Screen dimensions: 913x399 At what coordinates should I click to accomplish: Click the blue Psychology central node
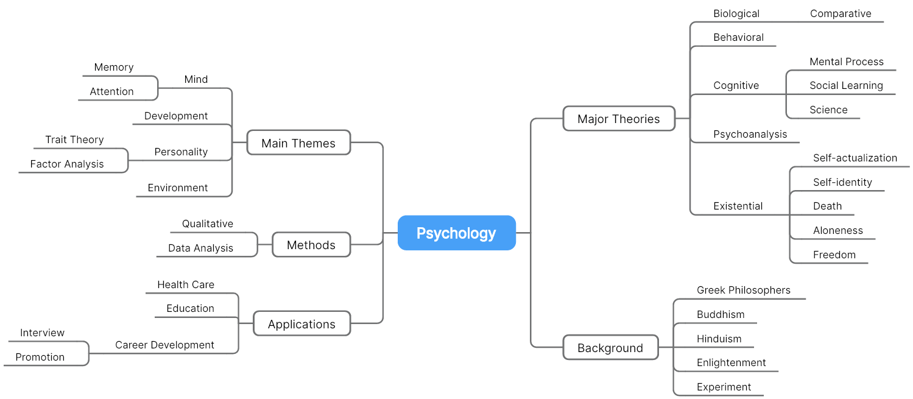(x=457, y=233)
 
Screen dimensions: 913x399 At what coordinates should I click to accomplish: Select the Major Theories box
(x=619, y=119)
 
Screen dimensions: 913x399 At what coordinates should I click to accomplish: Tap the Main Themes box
(x=298, y=143)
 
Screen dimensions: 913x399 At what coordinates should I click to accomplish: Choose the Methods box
(x=311, y=244)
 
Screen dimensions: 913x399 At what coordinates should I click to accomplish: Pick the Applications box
(x=301, y=323)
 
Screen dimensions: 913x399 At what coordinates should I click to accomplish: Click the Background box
(x=610, y=348)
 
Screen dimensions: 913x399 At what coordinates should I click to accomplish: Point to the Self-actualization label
(x=855, y=158)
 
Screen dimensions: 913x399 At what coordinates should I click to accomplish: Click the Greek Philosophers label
(x=744, y=290)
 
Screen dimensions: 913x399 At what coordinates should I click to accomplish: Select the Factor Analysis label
(x=67, y=164)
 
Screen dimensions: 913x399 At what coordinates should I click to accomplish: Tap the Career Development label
(x=164, y=345)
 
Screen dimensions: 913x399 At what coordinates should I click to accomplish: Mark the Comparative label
(x=841, y=14)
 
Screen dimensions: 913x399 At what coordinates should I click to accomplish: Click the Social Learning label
(x=846, y=86)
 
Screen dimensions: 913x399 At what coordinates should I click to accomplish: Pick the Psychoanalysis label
(x=750, y=134)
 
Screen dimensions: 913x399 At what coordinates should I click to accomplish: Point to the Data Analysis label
(x=200, y=248)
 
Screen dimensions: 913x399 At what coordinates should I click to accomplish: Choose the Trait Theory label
(x=74, y=139)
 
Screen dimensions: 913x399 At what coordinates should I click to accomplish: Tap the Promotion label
(x=40, y=357)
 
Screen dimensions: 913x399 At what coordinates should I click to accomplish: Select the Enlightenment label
(x=731, y=362)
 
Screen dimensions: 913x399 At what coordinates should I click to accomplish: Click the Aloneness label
(x=838, y=231)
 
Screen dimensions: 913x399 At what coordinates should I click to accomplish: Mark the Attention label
(x=111, y=91)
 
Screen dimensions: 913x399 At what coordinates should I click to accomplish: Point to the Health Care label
(x=186, y=284)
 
